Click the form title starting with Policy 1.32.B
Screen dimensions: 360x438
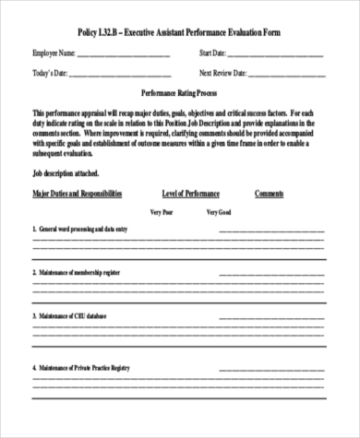point(180,31)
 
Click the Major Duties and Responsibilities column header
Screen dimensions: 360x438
point(78,194)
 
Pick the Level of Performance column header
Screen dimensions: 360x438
point(191,194)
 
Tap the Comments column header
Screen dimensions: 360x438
point(269,194)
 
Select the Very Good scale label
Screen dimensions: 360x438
point(218,211)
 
